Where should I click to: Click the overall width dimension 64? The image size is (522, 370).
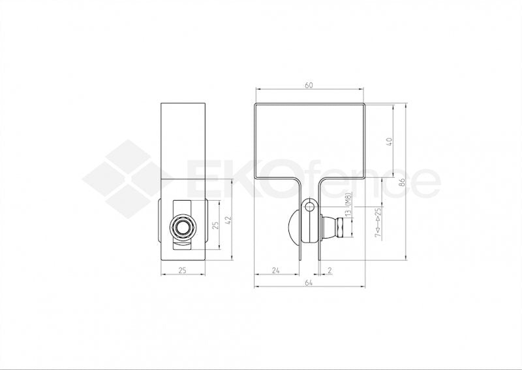(x=309, y=283)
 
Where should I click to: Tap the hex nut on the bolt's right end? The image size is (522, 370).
(x=340, y=229)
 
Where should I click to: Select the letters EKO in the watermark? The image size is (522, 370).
(x=241, y=180)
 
